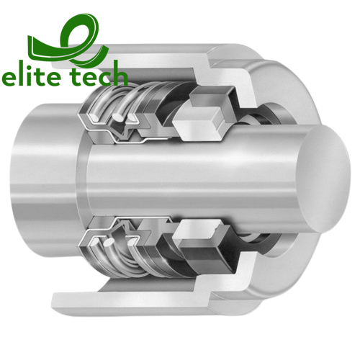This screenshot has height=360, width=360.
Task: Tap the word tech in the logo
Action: [x=99, y=77]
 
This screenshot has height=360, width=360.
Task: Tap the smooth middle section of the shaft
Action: [x=187, y=180]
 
